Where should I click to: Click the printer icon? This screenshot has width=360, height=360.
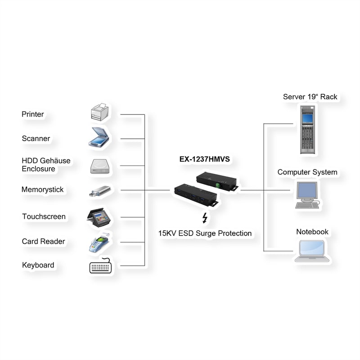99,112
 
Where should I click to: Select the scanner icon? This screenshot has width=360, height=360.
99,138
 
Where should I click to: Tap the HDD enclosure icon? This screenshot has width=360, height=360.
99,166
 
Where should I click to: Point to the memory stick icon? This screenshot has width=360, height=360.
99,191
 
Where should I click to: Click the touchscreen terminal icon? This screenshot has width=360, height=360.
99,217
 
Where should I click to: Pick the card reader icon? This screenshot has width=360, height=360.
99,243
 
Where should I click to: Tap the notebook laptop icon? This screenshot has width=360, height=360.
310,251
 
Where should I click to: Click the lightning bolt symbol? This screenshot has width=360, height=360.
205,218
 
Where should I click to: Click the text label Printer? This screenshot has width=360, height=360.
33,114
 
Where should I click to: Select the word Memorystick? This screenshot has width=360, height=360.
43,190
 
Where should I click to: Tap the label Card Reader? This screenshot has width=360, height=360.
43,242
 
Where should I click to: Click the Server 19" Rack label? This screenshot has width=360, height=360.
310,97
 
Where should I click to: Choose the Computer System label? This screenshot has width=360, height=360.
307,172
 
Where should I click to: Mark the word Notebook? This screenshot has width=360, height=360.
312,232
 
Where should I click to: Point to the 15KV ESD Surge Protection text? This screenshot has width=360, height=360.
205,234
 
